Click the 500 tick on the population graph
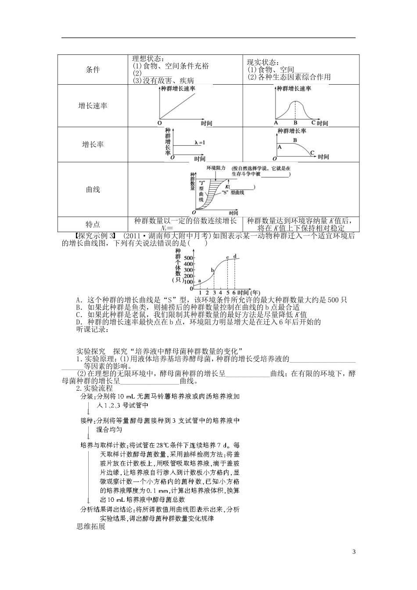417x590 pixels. point(189,257)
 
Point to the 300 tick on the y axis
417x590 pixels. point(189,270)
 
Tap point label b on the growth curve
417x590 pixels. point(213,270)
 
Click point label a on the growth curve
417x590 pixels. point(200,281)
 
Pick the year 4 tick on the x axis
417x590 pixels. point(221,292)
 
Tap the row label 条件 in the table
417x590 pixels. point(93,70)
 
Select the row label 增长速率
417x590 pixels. point(93,106)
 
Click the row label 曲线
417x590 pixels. point(93,190)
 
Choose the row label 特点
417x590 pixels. point(93,224)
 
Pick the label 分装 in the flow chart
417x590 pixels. point(86,397)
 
